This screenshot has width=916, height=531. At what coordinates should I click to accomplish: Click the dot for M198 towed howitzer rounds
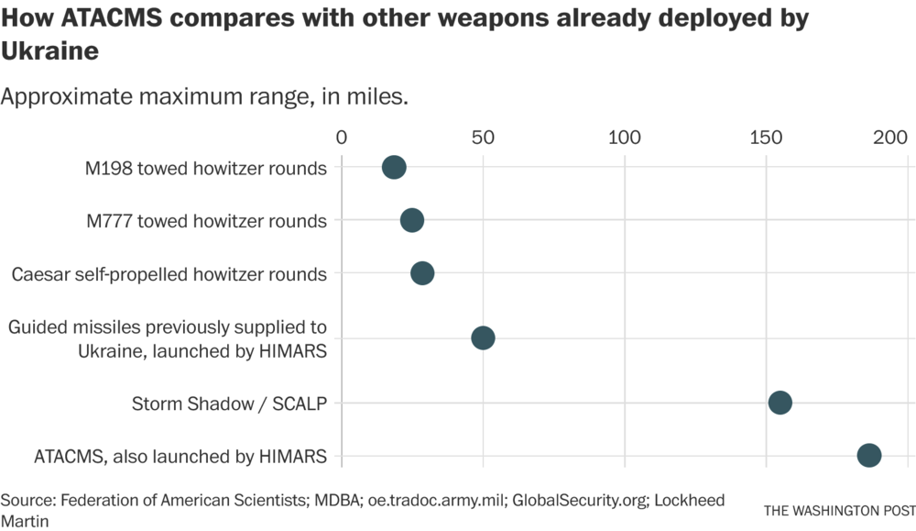[x=394, y=167]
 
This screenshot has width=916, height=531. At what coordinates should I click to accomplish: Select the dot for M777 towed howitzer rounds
[x=412, y=220]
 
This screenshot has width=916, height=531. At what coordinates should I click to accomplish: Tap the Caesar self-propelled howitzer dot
[x=422, y=273]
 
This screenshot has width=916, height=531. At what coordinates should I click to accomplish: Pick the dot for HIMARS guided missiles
[x=483, y=337]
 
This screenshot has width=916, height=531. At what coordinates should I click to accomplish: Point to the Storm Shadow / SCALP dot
[x=780, y=403]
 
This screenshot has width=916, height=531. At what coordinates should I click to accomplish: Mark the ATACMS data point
[x=869, y=455]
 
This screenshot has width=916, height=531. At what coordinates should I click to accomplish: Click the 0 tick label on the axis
[x=342, y=138]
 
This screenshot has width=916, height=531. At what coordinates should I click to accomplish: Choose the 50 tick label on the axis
[x=483, y=138]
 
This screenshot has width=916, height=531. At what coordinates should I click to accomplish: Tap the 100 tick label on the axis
[x=625, y=138]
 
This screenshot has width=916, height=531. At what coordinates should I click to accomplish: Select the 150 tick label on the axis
[x=766, y=138]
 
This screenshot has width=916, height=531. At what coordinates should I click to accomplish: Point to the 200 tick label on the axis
[x=889, y=138]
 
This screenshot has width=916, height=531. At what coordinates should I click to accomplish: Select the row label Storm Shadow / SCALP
[x=229, y=404]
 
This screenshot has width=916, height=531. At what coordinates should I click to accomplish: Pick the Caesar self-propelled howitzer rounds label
[x=169, y=274]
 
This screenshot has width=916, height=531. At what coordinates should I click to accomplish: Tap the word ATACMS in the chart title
[x=111, y=19]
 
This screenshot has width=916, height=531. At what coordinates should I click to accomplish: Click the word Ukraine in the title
[x=49, y=51]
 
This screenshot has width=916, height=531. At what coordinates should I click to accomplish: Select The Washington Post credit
[x=839, y=510]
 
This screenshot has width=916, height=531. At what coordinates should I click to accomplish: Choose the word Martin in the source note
[x=25, y=521]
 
